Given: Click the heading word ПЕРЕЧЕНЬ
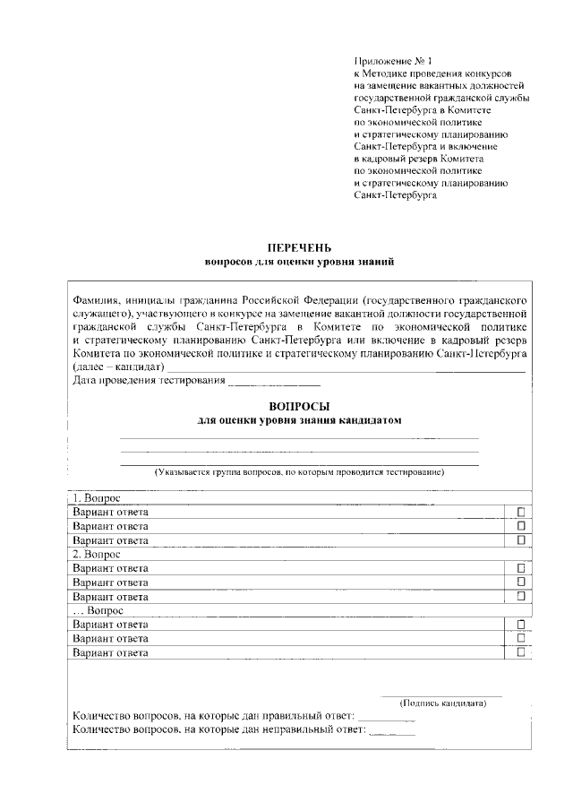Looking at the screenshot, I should (300, 247).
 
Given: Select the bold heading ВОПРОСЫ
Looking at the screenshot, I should (300, 406).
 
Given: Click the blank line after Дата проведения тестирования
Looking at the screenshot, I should (275, 381).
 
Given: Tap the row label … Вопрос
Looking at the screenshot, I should (98, 610).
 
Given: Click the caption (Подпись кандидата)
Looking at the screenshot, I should (442, 703).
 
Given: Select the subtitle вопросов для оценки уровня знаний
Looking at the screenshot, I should (300, 262).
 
